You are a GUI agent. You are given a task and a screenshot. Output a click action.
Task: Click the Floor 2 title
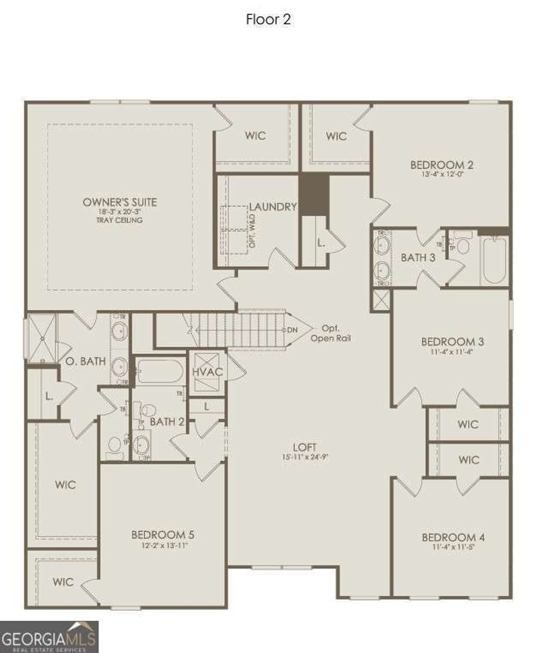tap(268, 20)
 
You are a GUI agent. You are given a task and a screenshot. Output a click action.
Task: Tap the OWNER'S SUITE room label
tap(120, 202)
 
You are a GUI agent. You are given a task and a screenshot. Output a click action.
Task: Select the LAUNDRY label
tap(273, 207)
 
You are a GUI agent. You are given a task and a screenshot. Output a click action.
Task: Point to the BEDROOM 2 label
tap(438, 165)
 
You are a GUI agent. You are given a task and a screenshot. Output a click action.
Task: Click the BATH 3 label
tap(418, 257)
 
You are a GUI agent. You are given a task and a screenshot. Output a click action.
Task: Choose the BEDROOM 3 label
tap(452, 342)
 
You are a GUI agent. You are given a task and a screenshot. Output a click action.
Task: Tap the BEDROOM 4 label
tap(453, 537)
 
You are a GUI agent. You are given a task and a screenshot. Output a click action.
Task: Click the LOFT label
tap(305, 448)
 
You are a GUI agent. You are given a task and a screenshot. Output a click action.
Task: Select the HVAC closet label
tap(207, 372)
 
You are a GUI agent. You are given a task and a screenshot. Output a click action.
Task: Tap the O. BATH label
tap(85, 362)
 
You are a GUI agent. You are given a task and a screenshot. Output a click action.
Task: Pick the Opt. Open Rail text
tap(331, 333)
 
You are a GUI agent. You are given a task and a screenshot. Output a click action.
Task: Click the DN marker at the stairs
tap(292, 330)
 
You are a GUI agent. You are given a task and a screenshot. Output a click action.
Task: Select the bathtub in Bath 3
tap(495, 260)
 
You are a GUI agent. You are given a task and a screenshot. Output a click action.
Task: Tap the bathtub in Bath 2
tap(160, 371)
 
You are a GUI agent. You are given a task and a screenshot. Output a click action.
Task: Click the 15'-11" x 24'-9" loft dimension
tap(305, 458)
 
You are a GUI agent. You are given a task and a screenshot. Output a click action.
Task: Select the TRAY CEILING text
tap(120, 220)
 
